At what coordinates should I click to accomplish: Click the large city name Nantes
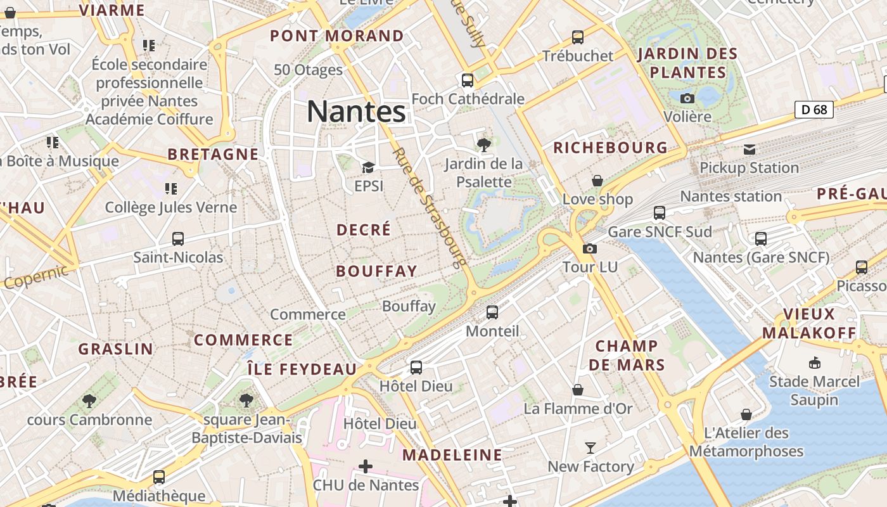[356, 112]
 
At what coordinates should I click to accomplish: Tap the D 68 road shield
[814, 110]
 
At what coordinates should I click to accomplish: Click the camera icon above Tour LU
[590, 248]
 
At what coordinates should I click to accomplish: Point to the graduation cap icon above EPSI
[368, 167]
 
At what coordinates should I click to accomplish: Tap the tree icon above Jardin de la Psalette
[484, 145]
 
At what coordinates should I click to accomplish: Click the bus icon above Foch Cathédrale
[468, 80]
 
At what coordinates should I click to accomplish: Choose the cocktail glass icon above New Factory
[590, 448]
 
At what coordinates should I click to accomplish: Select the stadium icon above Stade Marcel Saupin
[814, 363]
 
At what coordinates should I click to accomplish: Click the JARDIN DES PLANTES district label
[687, 63]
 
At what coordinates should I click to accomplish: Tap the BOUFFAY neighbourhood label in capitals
[376, 271]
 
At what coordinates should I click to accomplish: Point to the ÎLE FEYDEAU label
[302, 369]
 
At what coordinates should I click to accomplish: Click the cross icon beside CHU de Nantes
[366, 467]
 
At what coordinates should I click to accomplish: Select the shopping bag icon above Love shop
[597, 181]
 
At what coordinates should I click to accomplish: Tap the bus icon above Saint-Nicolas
[178, 239]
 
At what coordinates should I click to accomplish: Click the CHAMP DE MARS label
[627, 355]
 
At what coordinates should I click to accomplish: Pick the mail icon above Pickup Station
[750, 150]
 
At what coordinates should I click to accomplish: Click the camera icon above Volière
[687, 98]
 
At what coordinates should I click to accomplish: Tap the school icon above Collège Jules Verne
[170, 188]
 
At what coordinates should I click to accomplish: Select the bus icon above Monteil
[492, 312]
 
